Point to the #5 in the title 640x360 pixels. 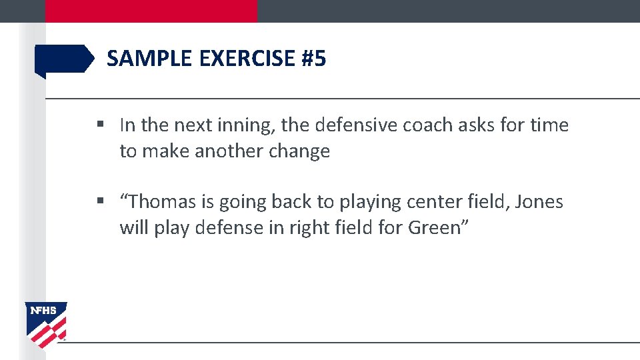coord(314,59)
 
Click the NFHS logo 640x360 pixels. coord(46,324)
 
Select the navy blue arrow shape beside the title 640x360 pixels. coord(64,59)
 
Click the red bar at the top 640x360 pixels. coord(151,11)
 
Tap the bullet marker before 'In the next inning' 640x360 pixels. coord(99,125)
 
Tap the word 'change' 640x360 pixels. coord(299,151)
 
